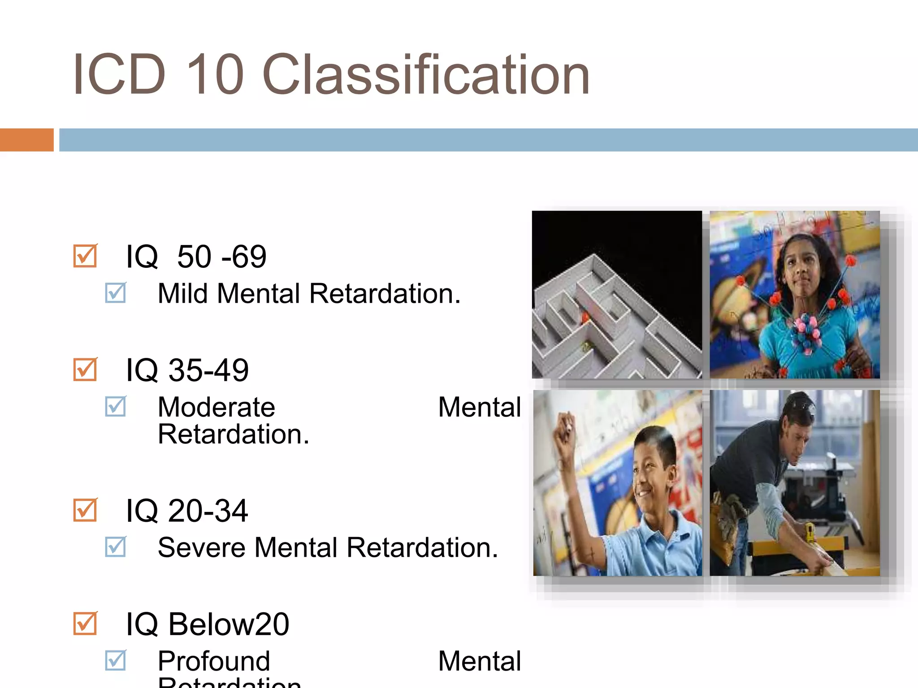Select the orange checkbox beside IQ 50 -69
point(85,256)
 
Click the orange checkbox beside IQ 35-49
point(85,370)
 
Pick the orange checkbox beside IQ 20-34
point(85,510)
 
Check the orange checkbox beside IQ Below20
point(85,623)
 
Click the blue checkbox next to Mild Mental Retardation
point(116,293)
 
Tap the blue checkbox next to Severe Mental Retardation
point(116,547)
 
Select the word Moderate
point(216,407)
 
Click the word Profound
point(214,661)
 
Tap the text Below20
point(229,624)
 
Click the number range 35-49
point(208,370)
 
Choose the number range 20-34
point(208,511)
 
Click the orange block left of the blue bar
point(26,140)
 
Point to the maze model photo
point(617,295)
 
